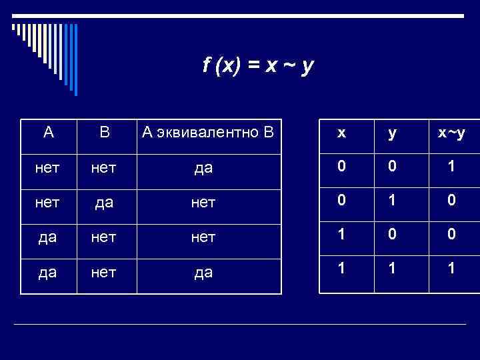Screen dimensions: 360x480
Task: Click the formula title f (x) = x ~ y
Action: point(259,67)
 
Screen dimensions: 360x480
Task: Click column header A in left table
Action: point(48,131)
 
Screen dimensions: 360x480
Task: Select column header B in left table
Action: point(105,131)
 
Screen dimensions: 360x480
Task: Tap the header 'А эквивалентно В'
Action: point(207,131)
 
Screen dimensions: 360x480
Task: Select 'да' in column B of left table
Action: point(105,203)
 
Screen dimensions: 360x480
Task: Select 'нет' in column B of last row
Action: point(105,273)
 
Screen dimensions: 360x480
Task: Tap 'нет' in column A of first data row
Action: point(48,168)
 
